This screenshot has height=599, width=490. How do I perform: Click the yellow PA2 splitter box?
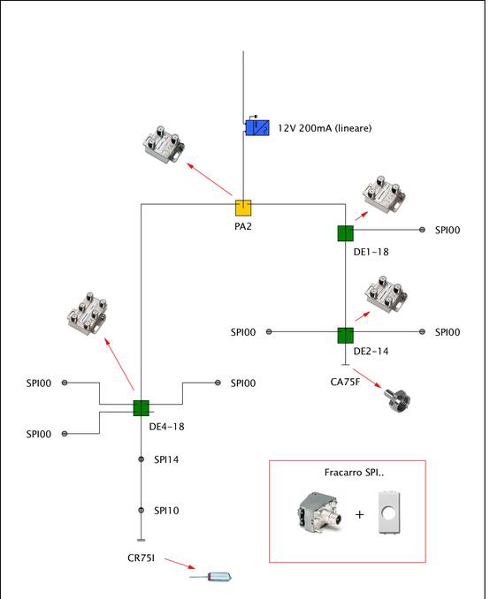pyautogui.click(x=243, y=208)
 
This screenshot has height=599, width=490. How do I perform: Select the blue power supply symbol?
pyautogui.click(x=257, y=127)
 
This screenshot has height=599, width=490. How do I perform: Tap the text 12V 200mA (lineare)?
pyautogui.click(x=325, y=128)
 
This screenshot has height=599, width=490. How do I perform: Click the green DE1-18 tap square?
pyautogui.click(x=346, y=233)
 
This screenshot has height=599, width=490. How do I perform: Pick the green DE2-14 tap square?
pyautogui.click(x=346, y=336)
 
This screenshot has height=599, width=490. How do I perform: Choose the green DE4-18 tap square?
pyautogui.click(x=142, y=408)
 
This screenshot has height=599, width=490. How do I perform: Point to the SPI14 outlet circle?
pyautogui.click(x=142, y=459)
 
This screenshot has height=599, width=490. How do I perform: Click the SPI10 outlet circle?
pyautogui.click(x=142, y=510)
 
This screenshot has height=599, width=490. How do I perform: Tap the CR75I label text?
pyautogui.click(x=142, y=558)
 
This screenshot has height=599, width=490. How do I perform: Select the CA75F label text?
pyautogui.click(x=345, y=382)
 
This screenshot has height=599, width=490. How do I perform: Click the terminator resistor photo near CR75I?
pyautogui.click(x=211, y=576)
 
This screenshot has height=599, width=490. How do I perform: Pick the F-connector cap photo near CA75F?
pyautogui.click(x=397, y=400)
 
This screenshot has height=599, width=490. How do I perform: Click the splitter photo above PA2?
pyautogui.click(x=164, y=145)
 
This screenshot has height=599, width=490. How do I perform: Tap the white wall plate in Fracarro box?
pyautogui.click(x=389, y=512)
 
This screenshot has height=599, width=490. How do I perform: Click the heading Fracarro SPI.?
pyautogui.click(x=354, y=473)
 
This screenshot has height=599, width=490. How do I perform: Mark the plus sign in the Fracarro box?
pyautogui.click(x=359, y=514)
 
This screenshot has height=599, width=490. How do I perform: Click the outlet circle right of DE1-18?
pyautogui.click(x=422, y=230)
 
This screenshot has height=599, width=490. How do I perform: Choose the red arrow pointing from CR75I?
pyautogui.click(x=180, y=564)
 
